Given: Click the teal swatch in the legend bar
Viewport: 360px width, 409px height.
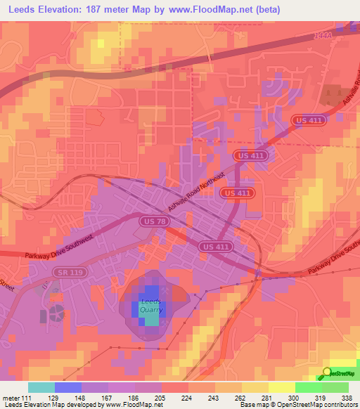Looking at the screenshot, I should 41,387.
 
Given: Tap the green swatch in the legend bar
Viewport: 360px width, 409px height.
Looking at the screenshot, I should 308,387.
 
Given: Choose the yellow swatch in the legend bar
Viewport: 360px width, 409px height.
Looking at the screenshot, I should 281,387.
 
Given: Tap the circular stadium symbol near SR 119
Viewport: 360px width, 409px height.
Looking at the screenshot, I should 56,310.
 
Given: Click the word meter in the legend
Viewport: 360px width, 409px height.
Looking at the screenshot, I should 11,398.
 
